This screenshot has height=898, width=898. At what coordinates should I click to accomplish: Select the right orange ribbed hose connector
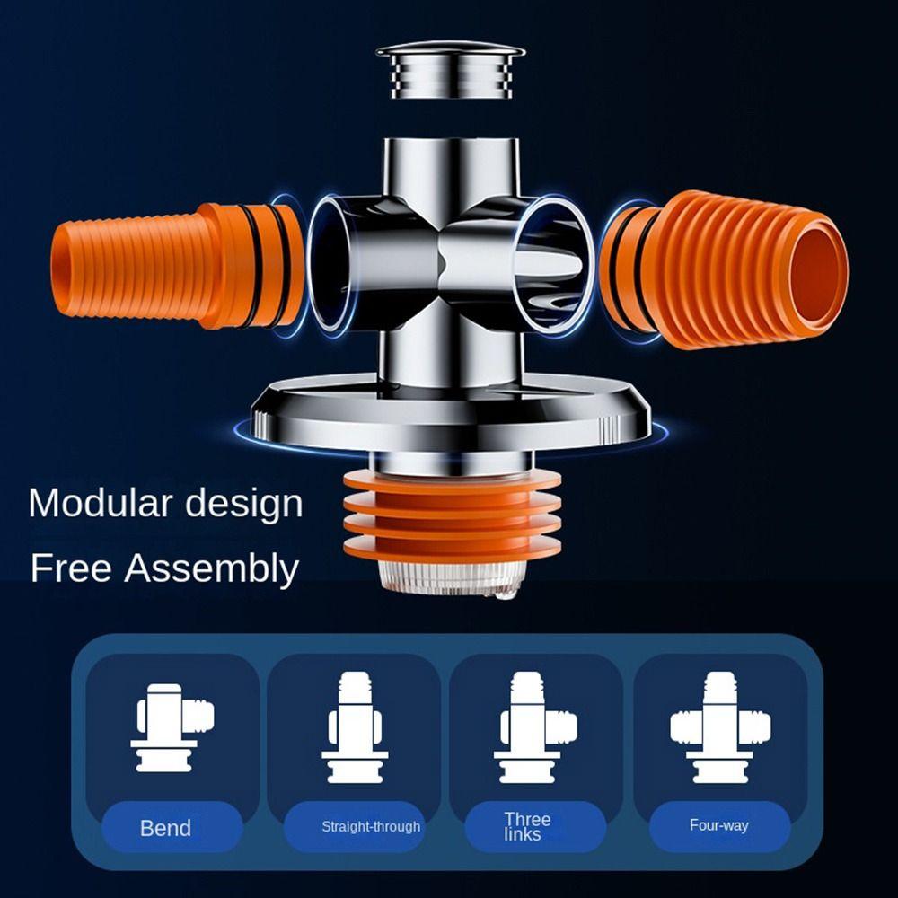[x=725, y=269]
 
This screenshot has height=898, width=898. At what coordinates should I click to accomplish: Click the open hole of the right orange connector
[x=815, y=269]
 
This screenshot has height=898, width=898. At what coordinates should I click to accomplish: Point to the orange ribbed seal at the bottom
[x=452, y=515]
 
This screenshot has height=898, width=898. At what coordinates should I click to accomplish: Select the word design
[x=244, y=505]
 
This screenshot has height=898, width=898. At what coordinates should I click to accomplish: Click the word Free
[x=70, y=568]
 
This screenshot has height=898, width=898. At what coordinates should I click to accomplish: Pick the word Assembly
[x=212, y=569]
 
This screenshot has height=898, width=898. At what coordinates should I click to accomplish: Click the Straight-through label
[x=371, y=826]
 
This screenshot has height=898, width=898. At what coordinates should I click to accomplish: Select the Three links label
[x=527, y=826]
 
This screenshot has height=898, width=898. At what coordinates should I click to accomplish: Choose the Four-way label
[x=718, y=825]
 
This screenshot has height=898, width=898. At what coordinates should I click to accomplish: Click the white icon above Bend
[x=172, y=727]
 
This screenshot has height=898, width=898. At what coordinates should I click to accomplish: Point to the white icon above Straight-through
[x=355, y=727]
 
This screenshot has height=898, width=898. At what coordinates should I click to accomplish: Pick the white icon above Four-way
[x=720, y=727]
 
